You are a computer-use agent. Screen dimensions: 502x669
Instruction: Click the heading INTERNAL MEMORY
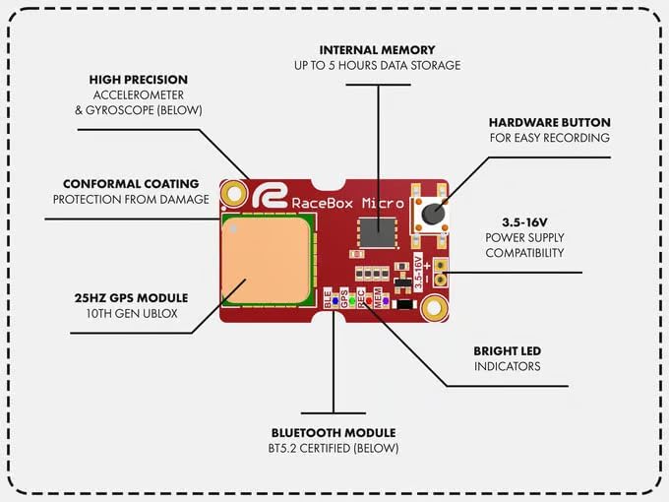click(377, 49)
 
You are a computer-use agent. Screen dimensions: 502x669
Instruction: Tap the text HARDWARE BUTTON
click(549, 123)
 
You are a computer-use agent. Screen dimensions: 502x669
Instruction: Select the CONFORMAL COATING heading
click(131, 184)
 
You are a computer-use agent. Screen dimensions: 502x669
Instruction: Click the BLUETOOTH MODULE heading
click(334, 432)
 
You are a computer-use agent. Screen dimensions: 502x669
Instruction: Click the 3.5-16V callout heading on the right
click(523, 222)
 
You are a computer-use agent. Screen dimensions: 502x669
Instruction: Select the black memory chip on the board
click(373, 230)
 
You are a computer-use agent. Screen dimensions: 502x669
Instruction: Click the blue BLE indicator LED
click(334, 301)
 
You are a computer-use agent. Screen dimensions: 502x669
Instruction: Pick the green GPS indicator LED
click(351, 301)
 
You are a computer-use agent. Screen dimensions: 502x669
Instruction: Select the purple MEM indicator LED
click(385, 301)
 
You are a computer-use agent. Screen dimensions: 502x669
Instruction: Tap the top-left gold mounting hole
click(234, 194)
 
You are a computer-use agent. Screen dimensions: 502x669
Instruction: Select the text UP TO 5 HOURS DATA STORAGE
click(377, 66)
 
